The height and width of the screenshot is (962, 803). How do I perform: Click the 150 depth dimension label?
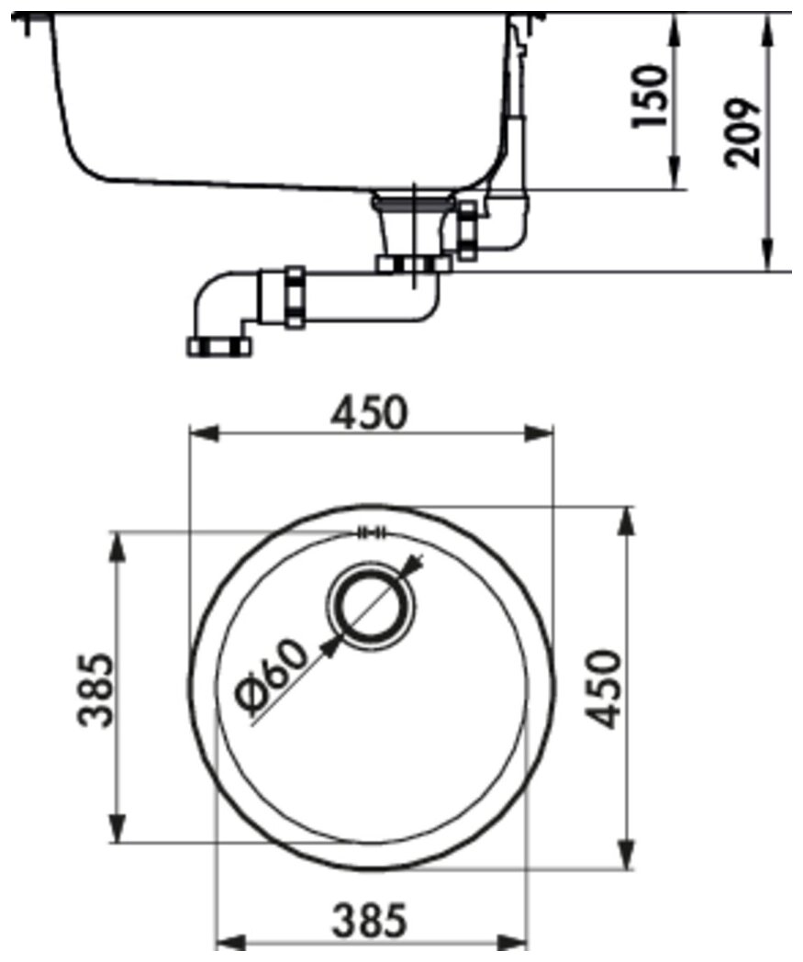pyautogui.click(x=650, y=95)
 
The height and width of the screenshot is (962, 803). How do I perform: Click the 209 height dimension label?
pyautogui.click(x=742, y=132)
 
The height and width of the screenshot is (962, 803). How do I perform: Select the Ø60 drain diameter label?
pyautogui.click(x=271, y=678)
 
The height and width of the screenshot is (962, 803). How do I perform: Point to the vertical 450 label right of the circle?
pyautogui.click(x=602, y=689)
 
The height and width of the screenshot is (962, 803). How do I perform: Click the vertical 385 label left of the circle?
pyautogui.click(x=96, y=689)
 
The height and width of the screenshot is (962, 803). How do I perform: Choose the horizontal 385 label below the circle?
pyautogui.click(x=369, y=920)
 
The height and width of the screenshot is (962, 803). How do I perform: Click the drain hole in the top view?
pyautogui.click(x=371, y=606)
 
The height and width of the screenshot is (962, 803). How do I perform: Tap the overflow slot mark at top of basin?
pyautogui.click(x=373, y=531)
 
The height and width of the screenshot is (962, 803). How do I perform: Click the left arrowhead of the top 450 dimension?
pyautogui.click(x=204, y=433)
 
